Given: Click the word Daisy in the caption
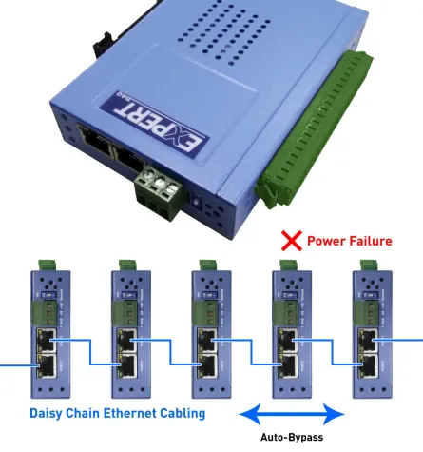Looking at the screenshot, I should [x=48, y=413].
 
